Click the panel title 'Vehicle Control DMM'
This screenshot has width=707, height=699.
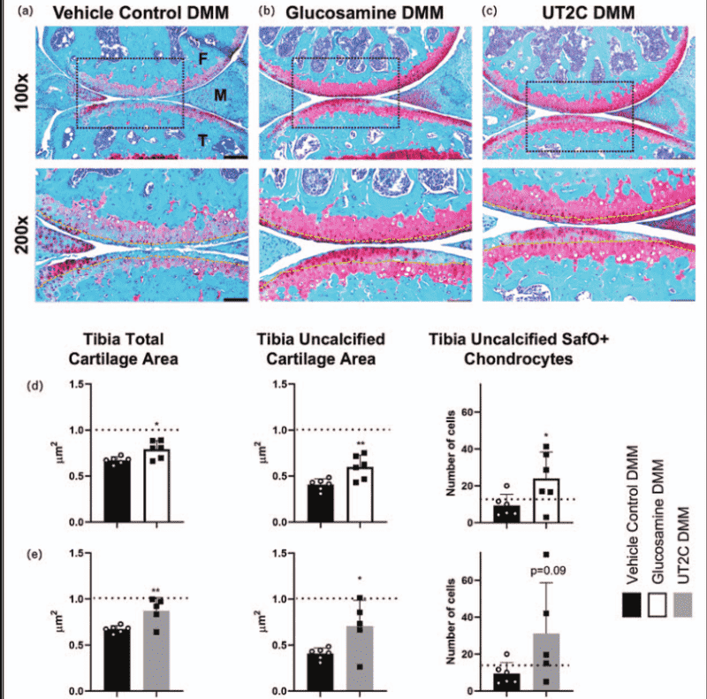[x=141, y=12]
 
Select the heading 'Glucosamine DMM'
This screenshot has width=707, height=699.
[x=364, y=12]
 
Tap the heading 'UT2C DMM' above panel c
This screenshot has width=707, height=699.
[x=589, y=12]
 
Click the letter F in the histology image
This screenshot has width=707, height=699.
[x=203, y=58]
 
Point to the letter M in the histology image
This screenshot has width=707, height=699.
[x=220, y=95]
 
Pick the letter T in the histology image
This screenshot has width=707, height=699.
[x=203, y=141]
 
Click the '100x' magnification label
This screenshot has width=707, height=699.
[x=21, y=92]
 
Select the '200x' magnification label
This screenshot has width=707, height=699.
[x=21, y=234]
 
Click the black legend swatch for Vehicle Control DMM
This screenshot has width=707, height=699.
[x=632, y=605]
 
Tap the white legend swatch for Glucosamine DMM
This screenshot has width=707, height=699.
[x=657, y=605]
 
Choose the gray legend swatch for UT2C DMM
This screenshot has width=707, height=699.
[x=682, y=605]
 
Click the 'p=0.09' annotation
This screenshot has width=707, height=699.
[x=548, y=571]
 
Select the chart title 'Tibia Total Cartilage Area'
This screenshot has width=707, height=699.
[x=123, y=349]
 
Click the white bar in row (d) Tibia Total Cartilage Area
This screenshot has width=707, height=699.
[x=156, y=486]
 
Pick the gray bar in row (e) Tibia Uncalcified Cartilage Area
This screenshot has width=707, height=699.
[x=360, y=658]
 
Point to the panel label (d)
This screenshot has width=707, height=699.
[x=35, y=386]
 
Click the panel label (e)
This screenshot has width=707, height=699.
[x=34, y=555]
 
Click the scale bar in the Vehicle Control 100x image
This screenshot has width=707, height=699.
[x=235, y=157]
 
